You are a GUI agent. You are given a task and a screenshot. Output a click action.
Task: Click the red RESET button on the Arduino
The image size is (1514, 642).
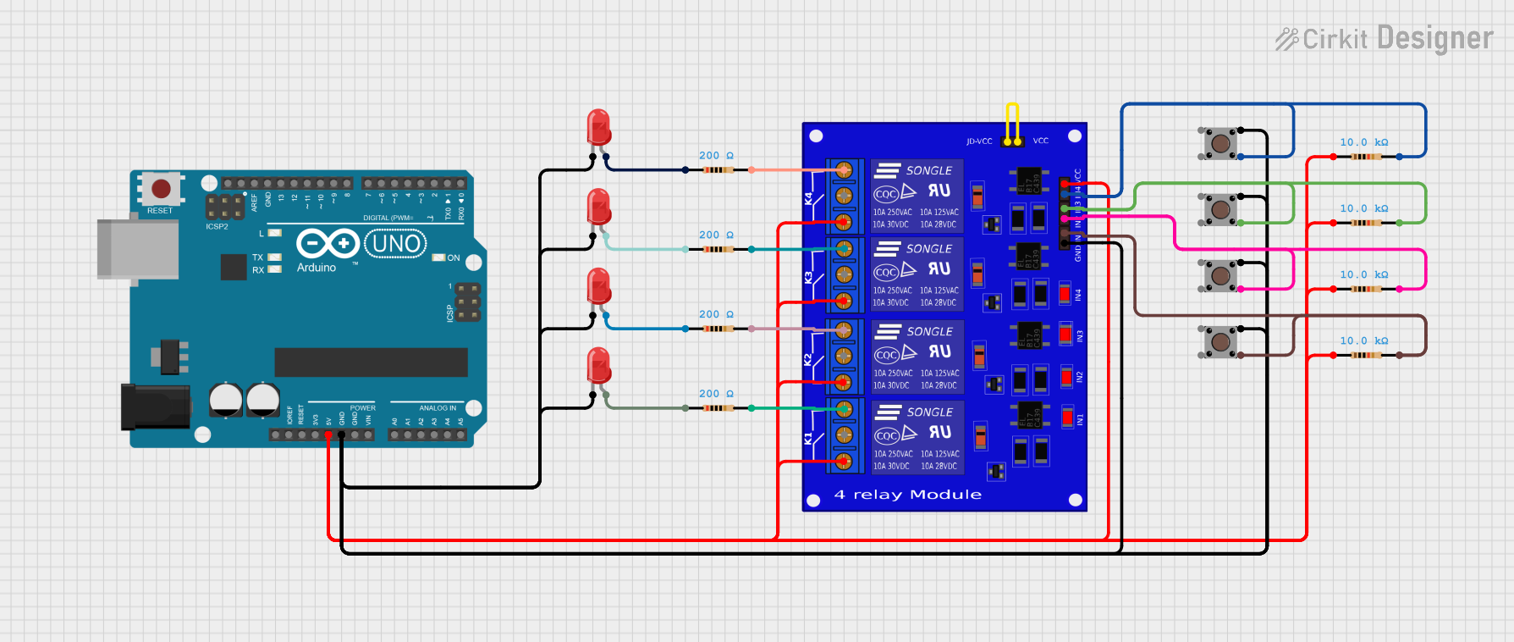160,188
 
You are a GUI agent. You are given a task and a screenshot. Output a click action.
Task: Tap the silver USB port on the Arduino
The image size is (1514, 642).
137,249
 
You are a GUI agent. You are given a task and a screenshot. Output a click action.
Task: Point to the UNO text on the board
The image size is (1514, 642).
396,244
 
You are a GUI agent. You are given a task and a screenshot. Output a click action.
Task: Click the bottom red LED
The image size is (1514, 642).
598,366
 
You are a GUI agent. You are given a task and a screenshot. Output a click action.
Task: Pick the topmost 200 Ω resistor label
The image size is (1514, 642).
716,156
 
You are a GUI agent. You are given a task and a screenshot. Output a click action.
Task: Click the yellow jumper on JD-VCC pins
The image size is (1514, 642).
1012,124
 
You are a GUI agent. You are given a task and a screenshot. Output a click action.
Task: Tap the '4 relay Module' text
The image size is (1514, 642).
908,495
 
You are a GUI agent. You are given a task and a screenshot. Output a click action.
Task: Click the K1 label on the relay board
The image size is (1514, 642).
808,438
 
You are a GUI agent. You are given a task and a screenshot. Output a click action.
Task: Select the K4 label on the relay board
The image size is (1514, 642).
808,198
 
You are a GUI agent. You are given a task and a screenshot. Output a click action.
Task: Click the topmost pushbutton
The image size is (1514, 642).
1220,143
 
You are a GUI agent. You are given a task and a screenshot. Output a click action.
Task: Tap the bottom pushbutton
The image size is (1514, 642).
1220,341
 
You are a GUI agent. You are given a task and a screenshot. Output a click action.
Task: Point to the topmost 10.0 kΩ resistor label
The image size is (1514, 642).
1363,142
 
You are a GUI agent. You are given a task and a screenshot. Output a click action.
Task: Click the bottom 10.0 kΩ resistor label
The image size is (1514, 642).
1363,340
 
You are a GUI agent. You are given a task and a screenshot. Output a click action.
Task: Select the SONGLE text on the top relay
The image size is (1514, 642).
928,170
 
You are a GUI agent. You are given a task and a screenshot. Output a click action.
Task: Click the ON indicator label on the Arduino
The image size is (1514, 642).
454,257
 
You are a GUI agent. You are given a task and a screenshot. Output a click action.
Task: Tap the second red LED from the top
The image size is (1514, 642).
598,207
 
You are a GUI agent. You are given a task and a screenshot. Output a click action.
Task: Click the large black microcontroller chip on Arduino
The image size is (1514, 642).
371,362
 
